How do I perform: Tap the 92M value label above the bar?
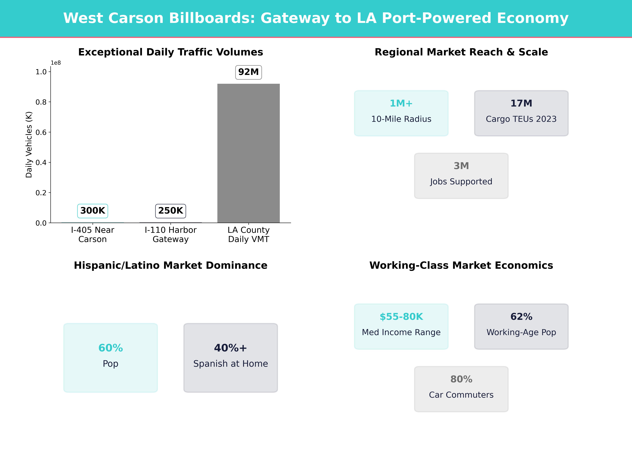coord(248,72)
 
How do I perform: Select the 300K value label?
coord(93,211)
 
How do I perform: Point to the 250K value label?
coord(171,211)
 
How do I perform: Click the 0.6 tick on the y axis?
coord(41,132)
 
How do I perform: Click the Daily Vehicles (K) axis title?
coord(29,145)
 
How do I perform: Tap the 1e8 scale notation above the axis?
coord(56,63)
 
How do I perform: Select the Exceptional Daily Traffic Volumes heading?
coord(171,52)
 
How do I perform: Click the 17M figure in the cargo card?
coord(521,103)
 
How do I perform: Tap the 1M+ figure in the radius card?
coord(401,103)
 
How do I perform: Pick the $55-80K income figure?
coord(401,317)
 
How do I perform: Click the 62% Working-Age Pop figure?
coord(521,317)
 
